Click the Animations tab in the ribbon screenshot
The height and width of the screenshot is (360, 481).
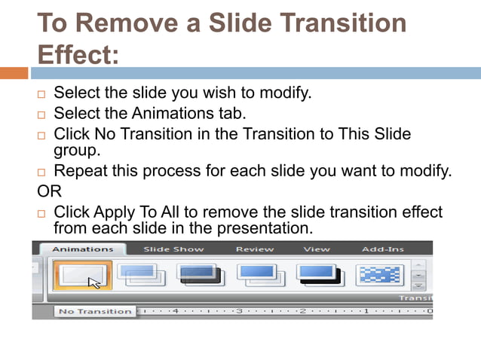point(82,249)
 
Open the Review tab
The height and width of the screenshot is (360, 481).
point(254,249)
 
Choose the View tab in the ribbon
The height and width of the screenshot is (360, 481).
point(317,249)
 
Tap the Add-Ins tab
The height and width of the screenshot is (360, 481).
point(382,249)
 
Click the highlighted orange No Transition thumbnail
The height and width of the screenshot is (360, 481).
point(82,276)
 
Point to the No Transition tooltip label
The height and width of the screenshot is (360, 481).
point(95,311)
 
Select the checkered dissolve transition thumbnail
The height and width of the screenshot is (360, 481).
point(379,275)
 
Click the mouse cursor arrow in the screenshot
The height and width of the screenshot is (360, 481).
point(95,283)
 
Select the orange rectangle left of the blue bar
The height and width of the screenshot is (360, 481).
point(14,73)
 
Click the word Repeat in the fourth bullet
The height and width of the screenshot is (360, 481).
point(81,171)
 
